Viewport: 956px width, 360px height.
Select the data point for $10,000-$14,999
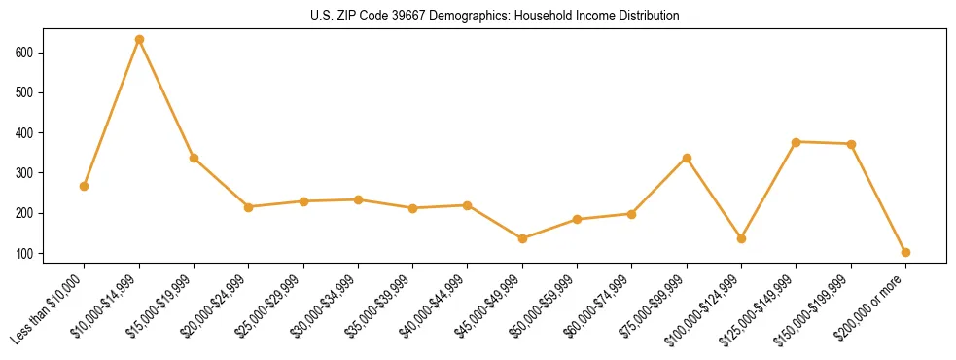point(139,40)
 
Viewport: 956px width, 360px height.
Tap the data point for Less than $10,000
point(85,186)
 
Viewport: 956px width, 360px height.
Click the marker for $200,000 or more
point(905,252)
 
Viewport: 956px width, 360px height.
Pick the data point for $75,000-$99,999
point(687,158)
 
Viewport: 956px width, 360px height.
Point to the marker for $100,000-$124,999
point(741,238)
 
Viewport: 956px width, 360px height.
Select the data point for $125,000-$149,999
point(797,142)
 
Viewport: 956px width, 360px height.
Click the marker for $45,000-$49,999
point(522,238)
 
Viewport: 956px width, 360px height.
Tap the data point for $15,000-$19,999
point(194,158)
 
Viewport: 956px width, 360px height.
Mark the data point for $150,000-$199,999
point(851,144)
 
